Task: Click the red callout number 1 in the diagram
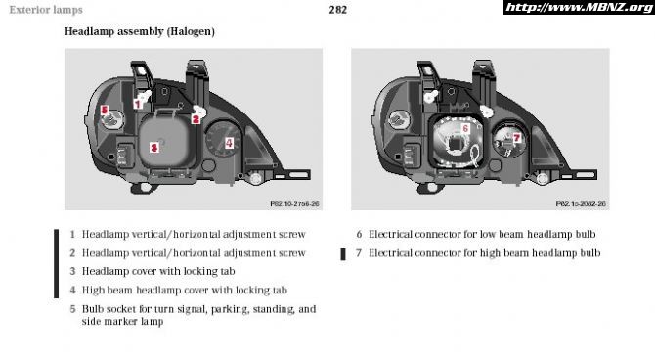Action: coord(138,104)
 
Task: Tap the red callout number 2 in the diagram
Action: coord(196,119)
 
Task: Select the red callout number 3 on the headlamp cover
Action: coord(154,147)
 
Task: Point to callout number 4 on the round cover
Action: coord(229,143)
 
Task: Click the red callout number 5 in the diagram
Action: coord(105,110)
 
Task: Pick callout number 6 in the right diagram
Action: coord(465,128)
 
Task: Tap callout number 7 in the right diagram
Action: coord(517,138)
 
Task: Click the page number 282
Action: coord(337,10)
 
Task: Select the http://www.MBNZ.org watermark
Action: coord(579,8)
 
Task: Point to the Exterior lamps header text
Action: coord(46,10)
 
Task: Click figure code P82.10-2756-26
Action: coord(294,203)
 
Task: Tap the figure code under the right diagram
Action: coord(581,203)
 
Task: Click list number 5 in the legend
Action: coord(72,309)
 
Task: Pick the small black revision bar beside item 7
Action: coord(343,254)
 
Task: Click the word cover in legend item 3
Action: coord(144,271)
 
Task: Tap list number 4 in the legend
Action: coord(72,290)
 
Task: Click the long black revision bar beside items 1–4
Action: coord(57,263)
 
